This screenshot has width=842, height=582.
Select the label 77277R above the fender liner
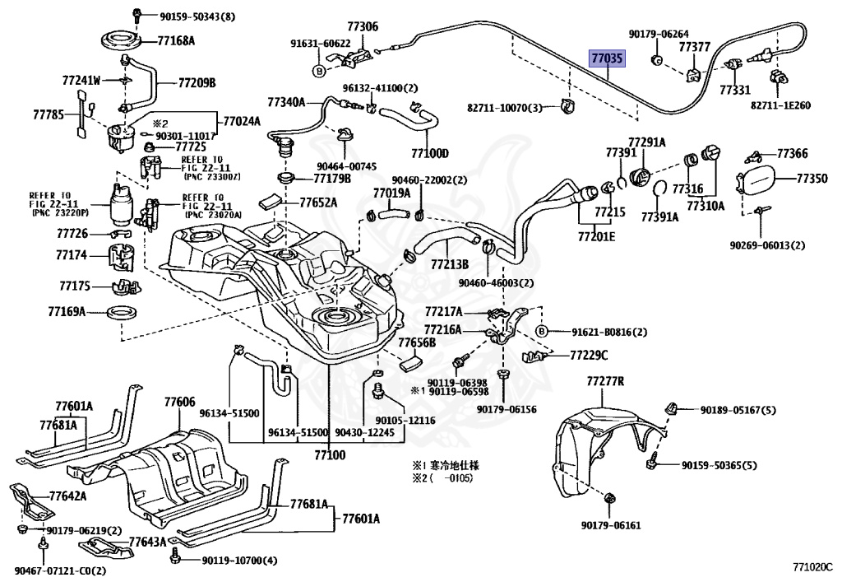(606, 382)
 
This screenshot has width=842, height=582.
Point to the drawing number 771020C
(812, 567)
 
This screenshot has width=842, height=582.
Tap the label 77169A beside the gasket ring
(67, 312)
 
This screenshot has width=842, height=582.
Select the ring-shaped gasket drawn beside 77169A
(123, 313)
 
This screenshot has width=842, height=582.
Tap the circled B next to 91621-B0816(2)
(541, 332)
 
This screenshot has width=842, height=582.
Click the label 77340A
(285, 102)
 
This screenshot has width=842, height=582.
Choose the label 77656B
(416, 342)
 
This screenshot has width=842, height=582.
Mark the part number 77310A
(706, 206)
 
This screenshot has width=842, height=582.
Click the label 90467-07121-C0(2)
(59, 570)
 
